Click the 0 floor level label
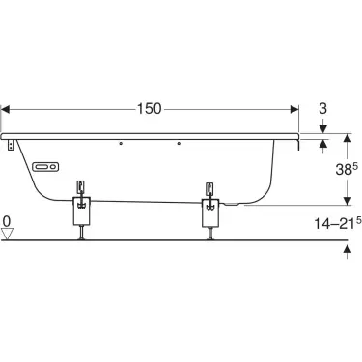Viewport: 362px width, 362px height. click(x=7, y=222)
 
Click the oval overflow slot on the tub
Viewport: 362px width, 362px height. click(x=45, y=166)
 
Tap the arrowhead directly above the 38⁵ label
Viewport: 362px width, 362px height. click(x=346, y=143)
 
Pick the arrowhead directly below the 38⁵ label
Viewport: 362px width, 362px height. click(x=346, y=199)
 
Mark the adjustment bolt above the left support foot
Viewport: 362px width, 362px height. click(x=82, y=185)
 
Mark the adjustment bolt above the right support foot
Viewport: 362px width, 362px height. click(x=209, y=185)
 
